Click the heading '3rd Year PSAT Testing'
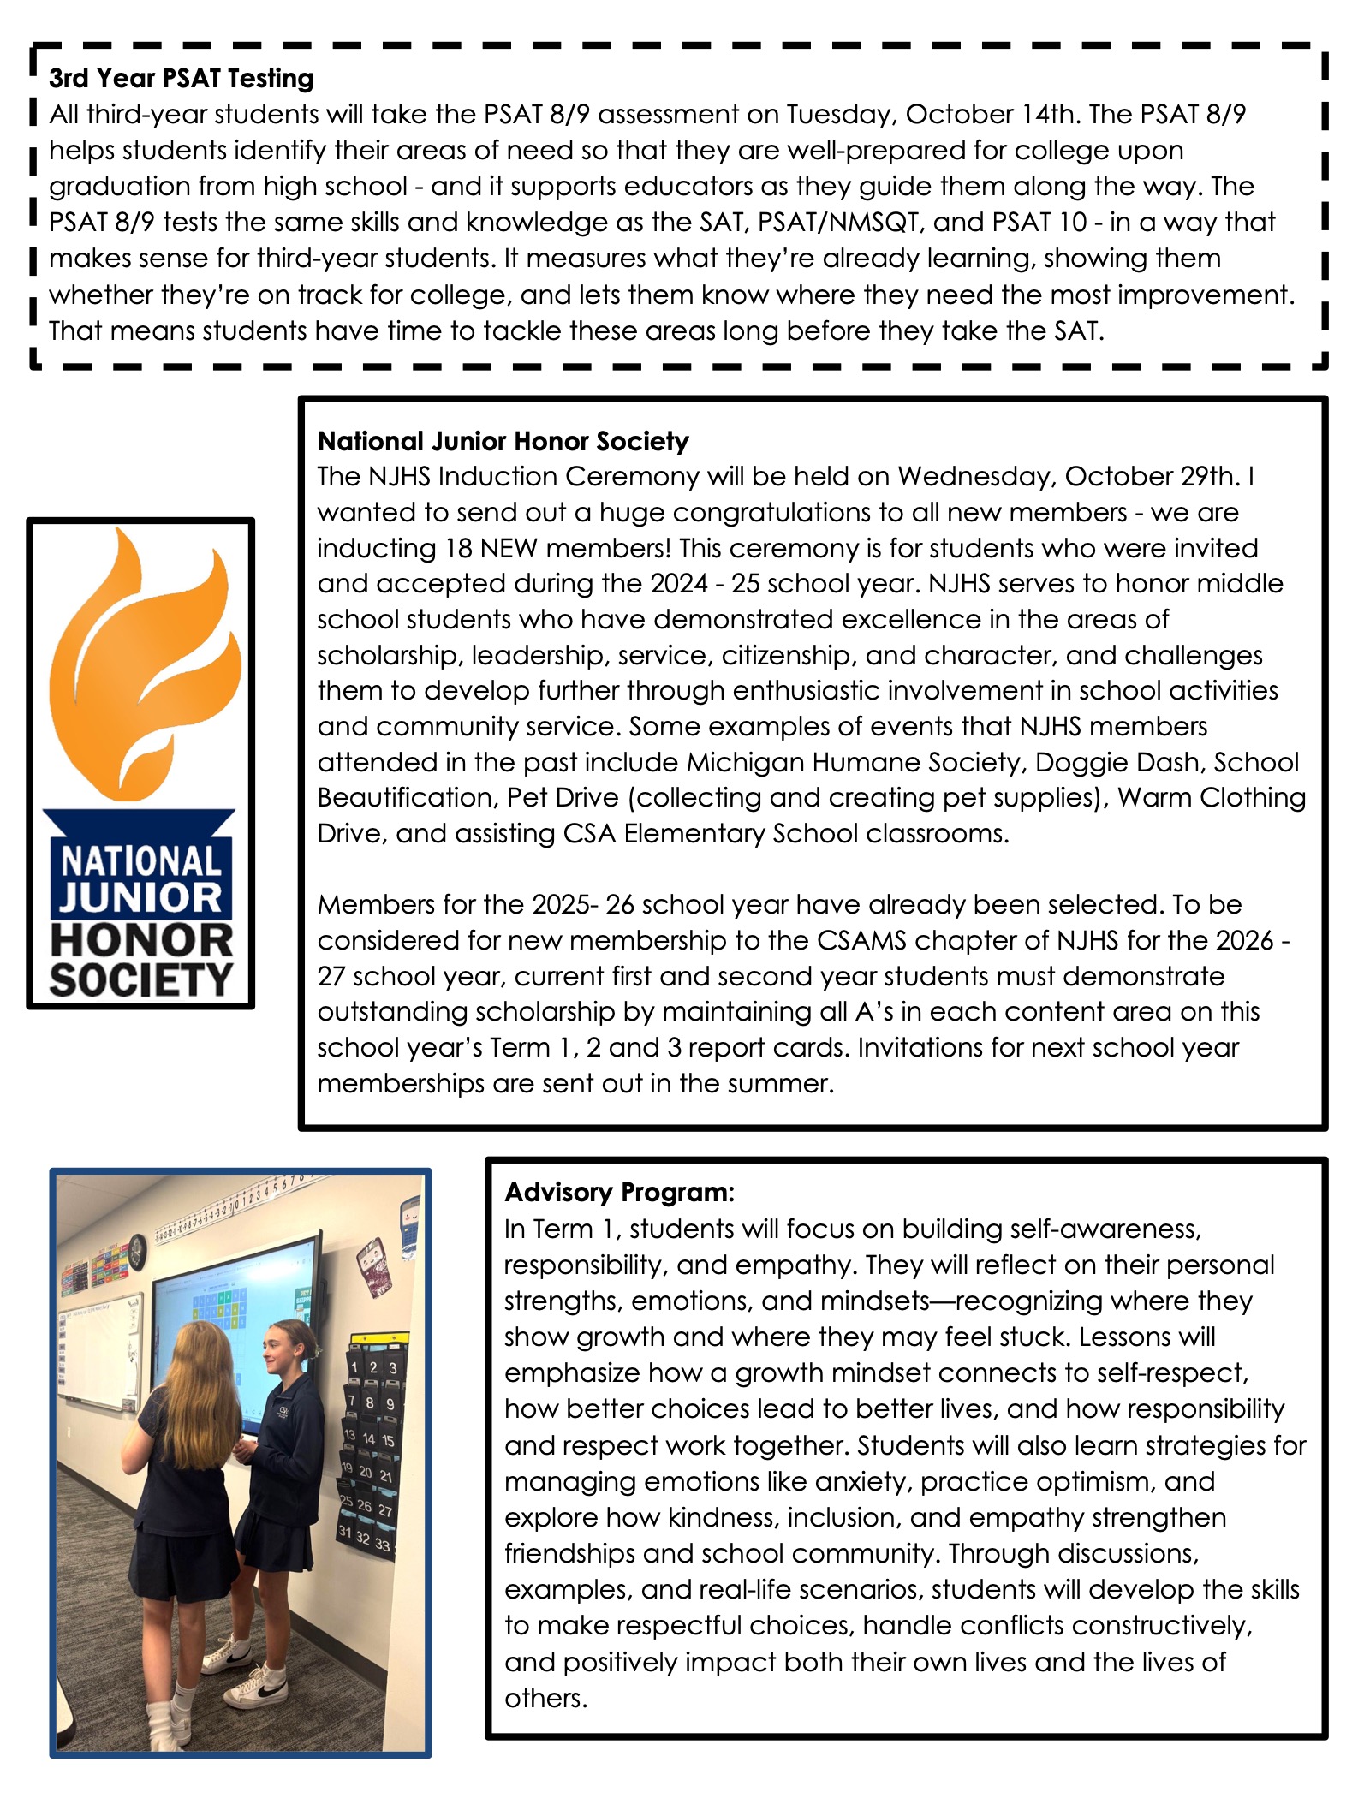[x=181, y=78]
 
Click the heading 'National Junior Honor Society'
[x=503, y=441]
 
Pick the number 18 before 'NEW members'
[x=458, y=548]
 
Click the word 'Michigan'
[x=745, y=762]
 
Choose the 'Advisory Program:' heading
[x=619, y=1192]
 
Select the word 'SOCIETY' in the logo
[x=141, y=979]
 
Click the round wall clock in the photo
[x=137, y=1251]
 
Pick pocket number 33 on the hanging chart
[x=382, y=1545]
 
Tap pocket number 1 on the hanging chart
[x=354, y=1367]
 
